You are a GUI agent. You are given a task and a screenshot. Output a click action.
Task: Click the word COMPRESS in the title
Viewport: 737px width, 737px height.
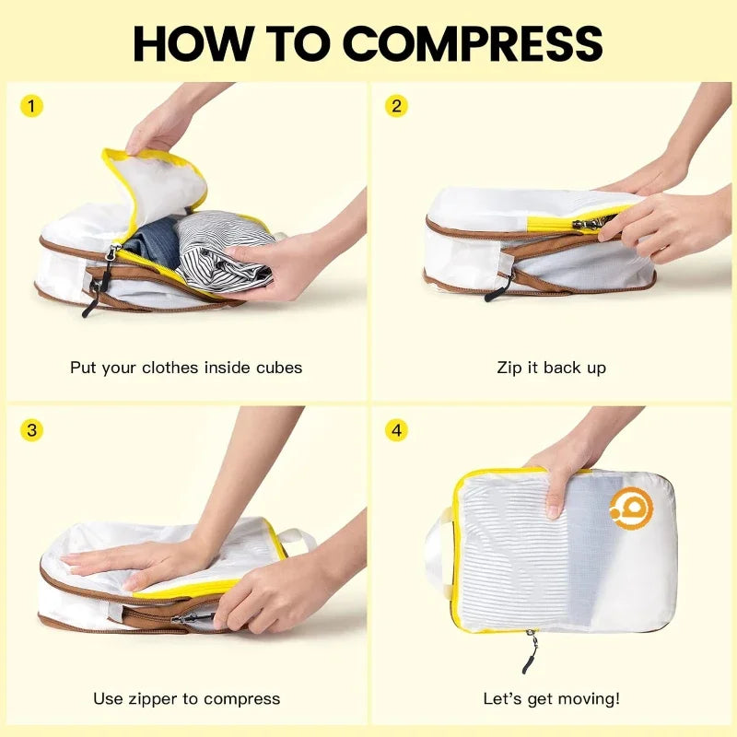pos(473,42)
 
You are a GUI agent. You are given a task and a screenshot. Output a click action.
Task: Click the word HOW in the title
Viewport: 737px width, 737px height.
pos(188,42)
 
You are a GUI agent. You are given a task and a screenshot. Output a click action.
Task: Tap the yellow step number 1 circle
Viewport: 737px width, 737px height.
pos(31,106)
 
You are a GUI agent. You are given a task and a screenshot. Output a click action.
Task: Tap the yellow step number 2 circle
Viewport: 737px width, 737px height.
pos(396,106)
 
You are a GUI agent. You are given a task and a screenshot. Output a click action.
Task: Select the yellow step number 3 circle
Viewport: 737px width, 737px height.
pos(31,430)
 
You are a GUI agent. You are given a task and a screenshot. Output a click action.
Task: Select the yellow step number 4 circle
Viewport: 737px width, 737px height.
pos(396,430)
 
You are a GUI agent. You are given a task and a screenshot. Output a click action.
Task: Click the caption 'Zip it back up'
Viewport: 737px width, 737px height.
pos(552,368)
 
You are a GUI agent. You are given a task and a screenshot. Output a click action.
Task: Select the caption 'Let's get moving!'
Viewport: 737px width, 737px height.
pos(552,698)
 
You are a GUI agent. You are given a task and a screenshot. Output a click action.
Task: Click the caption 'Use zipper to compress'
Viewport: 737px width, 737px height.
pos(186,698)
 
